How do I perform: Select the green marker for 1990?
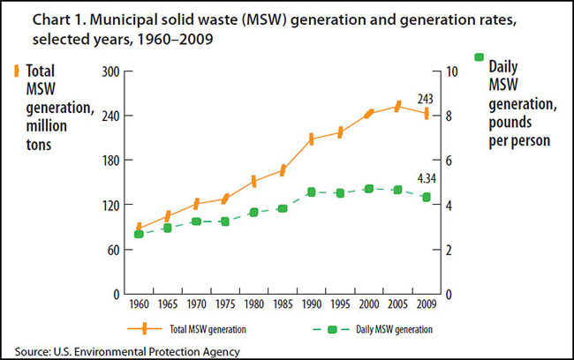(x=311, y=191)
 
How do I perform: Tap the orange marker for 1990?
(x=311, y=139)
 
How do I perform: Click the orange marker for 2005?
(x=397, y=107)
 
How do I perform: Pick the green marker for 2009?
(x=427, y=197)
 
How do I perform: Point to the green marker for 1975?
(x=225, y=221)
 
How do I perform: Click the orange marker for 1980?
(x=253, y=181)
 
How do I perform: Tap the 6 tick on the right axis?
(x=449, y=161)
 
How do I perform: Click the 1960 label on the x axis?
(x=139, y=305)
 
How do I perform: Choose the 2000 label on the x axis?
(x=368, y=305)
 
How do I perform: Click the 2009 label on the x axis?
(x=426, y=305)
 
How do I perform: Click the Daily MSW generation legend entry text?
(x=395, y=328)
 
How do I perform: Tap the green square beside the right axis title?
(x=480, y=57)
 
